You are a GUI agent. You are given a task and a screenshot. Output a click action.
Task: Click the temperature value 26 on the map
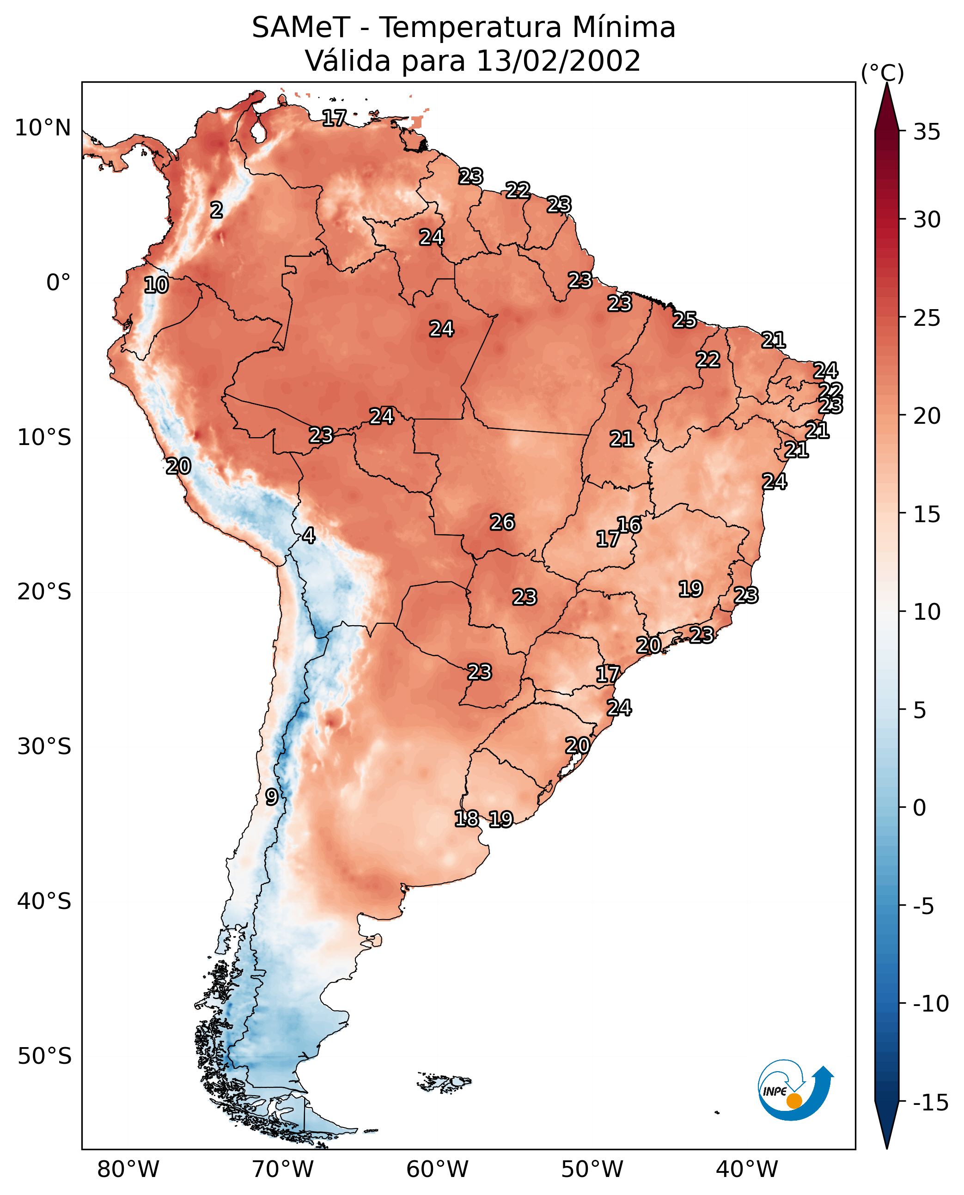[502, 523]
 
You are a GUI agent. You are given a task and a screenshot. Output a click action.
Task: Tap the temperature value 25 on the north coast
[685, 320]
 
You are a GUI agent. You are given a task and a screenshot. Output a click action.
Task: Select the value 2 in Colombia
[217, 210]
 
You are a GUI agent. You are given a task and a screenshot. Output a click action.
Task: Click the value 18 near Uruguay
[466, 818]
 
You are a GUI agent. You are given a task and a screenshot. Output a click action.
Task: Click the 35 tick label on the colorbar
[927, 132]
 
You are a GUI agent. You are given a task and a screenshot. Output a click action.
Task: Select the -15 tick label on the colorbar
[931, 1103]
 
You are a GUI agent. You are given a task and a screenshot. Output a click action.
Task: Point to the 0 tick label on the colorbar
[920, 808]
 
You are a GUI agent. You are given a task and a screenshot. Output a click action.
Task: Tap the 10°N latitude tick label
[43, 128]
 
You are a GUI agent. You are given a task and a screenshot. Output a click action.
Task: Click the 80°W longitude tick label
[128, 1169]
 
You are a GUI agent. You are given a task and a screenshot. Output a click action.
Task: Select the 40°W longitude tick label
[747, 1169]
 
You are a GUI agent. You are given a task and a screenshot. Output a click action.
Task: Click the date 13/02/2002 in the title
[558, 61]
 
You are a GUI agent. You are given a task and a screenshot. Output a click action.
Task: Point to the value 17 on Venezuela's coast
[334, 118]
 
